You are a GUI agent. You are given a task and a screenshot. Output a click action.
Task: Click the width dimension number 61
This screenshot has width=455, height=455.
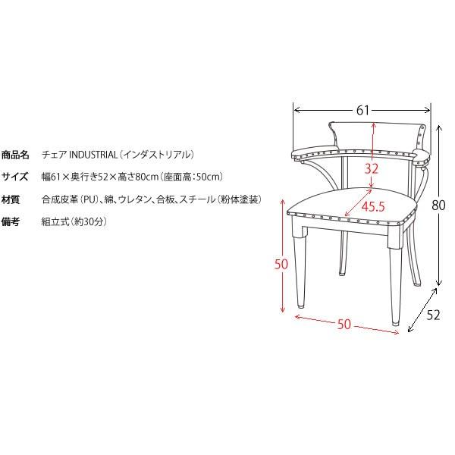click(362, 110)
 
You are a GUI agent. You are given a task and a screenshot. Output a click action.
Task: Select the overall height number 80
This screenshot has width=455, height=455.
click(438, 206)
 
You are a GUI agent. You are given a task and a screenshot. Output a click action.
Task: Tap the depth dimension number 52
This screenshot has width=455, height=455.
click(433, 315)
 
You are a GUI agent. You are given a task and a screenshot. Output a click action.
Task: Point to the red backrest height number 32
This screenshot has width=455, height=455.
click(372, 169)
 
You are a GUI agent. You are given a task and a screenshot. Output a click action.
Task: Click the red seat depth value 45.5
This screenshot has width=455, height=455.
click(373, 206)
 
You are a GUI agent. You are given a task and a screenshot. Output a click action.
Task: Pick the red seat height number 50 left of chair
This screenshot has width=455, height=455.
click(281, 264)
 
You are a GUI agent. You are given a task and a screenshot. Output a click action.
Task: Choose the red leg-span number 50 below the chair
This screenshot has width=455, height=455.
click(344, 324)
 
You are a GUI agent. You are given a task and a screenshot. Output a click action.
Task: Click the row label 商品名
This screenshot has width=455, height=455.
click(15, 155)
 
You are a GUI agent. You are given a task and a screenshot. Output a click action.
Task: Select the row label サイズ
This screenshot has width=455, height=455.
click(15, 177)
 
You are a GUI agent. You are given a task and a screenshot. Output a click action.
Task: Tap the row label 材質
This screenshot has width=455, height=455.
click(11, 199)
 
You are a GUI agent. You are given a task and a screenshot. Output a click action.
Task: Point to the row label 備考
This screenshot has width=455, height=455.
click(11, 221)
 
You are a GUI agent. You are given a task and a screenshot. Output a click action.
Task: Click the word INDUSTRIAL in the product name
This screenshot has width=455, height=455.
click(93, 155)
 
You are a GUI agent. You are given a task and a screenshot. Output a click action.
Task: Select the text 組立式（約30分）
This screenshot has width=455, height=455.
click(74, 221)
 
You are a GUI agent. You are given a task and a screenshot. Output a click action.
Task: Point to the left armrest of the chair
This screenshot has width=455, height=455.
click(316, 152)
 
